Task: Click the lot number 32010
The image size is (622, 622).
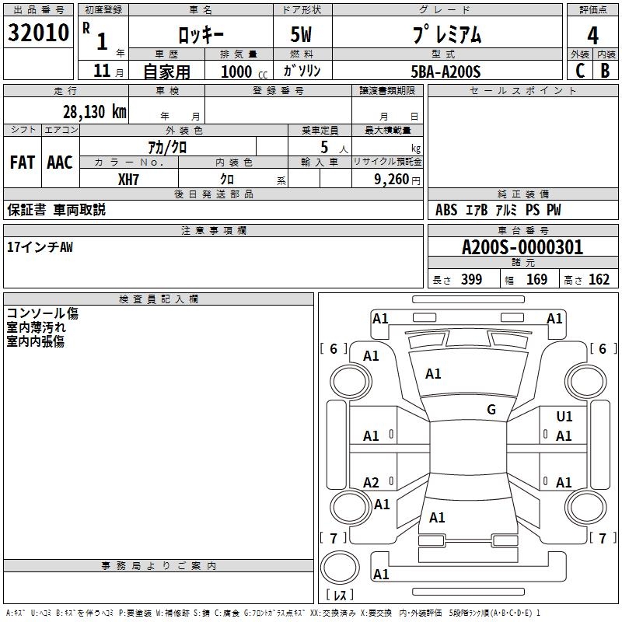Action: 39,33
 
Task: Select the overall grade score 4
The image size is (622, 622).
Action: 592,35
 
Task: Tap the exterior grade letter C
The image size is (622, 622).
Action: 579,71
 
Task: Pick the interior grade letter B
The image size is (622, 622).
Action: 605,71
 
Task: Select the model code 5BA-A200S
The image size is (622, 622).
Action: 446,72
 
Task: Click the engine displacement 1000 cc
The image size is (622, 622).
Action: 242,72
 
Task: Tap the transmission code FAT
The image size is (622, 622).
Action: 23,162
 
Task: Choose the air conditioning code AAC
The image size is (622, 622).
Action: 60,162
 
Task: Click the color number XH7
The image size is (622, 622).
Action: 129,180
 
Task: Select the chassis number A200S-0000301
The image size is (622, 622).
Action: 522,247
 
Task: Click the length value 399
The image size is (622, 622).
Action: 471,280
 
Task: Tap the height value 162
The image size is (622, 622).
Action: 599,280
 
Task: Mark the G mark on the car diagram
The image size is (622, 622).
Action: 491,410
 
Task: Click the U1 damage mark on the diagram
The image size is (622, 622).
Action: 564,417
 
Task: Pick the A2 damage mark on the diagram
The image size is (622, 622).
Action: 372,483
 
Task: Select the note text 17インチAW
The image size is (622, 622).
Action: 40,247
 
